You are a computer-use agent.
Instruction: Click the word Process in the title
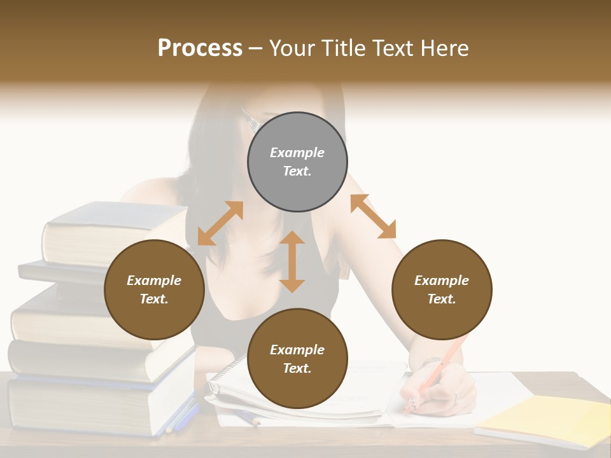point(200,48)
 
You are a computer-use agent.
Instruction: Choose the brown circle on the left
point(154,289)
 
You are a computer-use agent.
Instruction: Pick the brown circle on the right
point(442,289)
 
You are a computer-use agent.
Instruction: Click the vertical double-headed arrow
point(292,261)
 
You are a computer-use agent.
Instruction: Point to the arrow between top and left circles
point(220,223)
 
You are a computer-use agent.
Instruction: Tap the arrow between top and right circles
point(373,216)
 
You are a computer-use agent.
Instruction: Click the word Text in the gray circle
point(297,171)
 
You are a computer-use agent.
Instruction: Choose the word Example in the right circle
point(442,281)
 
